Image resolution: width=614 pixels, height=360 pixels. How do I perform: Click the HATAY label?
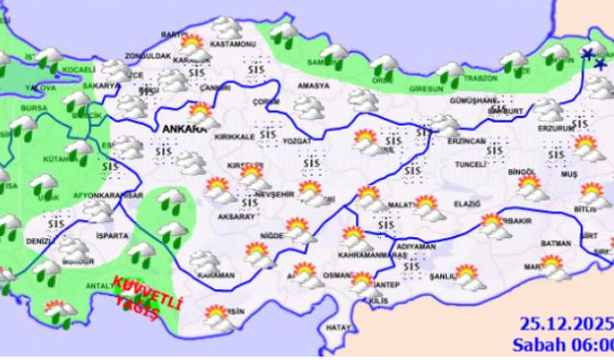tap(339, 328)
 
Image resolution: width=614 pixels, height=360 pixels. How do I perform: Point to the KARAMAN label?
tap(215, 275)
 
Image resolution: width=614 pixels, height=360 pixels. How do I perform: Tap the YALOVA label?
tap(40, 84)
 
